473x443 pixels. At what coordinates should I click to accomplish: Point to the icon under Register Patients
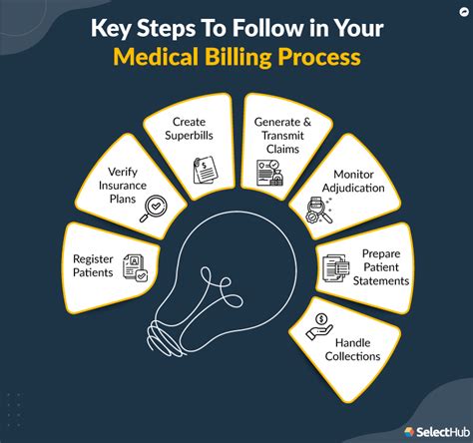coord(134,264)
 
